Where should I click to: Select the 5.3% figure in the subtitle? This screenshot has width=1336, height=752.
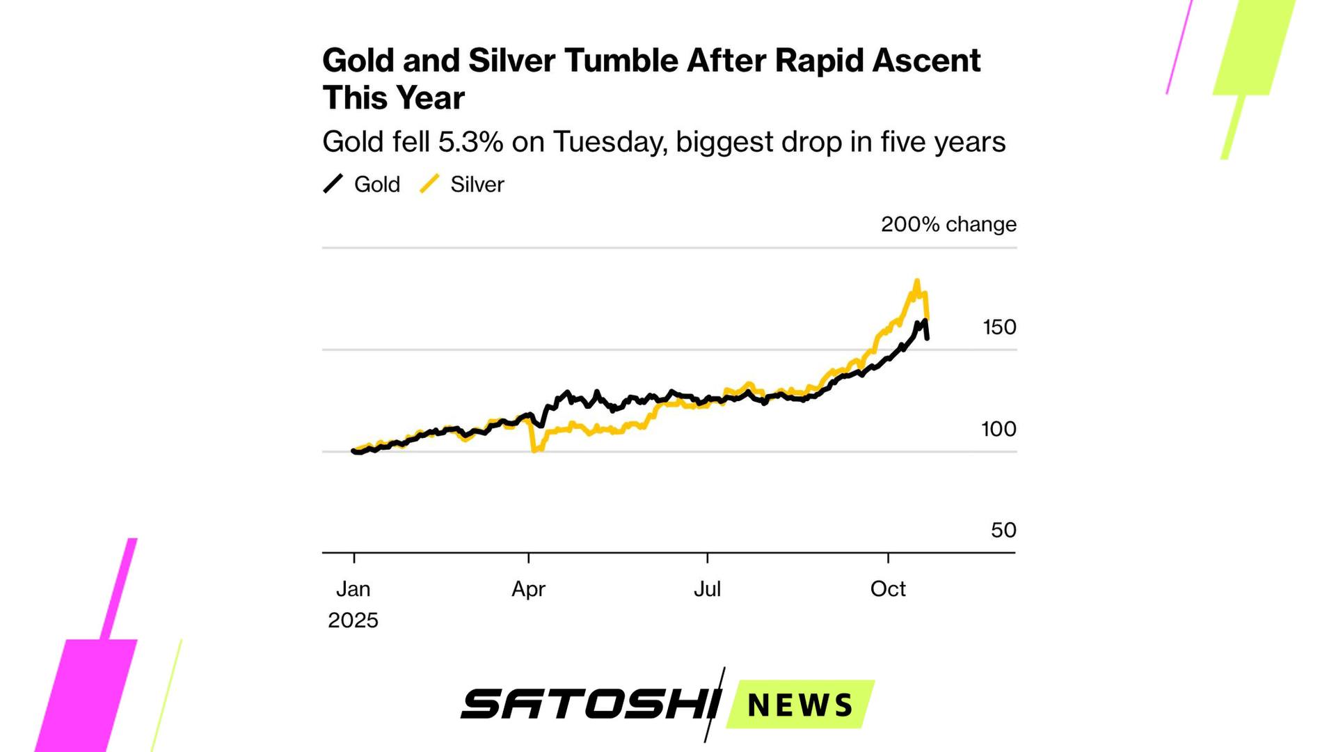pyautogui.click(x=470, y=142)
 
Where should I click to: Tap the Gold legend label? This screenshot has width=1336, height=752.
pyautogui.click(x=376, y=185)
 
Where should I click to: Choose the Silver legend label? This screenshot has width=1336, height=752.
pyautogui.click(x=477, y=185)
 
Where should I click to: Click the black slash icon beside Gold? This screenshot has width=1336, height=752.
pyautogui.click(x=333, y=185)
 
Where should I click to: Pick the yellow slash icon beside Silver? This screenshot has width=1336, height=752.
pyautogui.click(x=429, y=185)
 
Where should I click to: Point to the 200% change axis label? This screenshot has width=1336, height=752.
pyautogui.click(x=948, y=224)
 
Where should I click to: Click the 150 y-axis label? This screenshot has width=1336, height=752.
pyautogui.click(x=999, y=327)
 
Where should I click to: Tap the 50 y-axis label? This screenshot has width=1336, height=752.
pyautogui.click(x=1003, y=531)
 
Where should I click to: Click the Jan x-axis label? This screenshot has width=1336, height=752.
pyautogui.click(x=353, y=589)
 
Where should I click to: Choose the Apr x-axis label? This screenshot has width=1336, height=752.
pyautogui.click(x=528, y=589)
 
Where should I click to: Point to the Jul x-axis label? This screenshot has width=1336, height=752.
pyautogui.click(x=707, y=589)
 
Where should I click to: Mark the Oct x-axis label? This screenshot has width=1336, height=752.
pyautogui.click(x=888, y=589)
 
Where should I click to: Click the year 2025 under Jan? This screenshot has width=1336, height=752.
pyautogui.click(x=353, y=620)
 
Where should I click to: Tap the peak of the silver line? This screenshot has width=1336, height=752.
pyautogui.click(x=916, y=281)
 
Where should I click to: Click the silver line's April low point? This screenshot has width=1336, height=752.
pyautogui.click(x=534, y=450)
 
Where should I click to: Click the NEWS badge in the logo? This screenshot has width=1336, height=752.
pyautogui.click(x=800, y=705)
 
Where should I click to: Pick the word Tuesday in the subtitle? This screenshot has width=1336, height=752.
pyautogui.click(x=610, y=142)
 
